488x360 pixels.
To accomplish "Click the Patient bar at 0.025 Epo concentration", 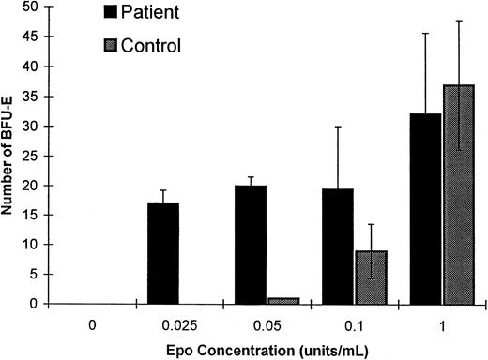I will click(x=164, y=253).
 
